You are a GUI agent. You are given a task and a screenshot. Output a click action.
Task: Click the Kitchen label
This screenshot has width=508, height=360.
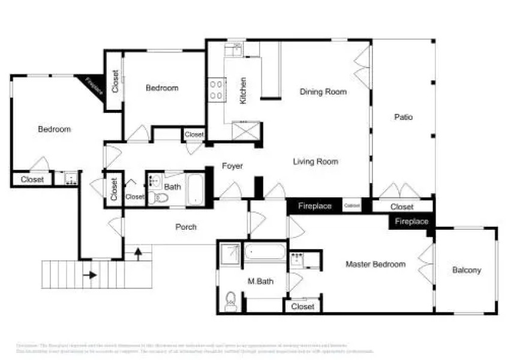(x=243, y=91)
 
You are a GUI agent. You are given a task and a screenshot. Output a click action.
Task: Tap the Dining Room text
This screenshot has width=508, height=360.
(x=323, y=92)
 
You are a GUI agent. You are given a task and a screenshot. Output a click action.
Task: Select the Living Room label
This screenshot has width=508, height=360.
(x=315, y=161)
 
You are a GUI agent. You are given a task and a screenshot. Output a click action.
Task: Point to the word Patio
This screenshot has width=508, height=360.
(x=404, y=117)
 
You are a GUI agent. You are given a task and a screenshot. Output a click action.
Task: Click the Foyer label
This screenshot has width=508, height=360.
(x=232, y=166)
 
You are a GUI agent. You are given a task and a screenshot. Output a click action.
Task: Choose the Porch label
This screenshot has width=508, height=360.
(x=186, y=227)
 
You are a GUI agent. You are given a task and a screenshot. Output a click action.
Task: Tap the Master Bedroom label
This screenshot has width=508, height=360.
(x=375, y=264)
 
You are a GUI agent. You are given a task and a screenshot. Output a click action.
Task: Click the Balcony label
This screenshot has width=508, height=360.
(x=466, y=270)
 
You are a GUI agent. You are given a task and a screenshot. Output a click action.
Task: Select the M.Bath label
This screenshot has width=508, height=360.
(x=261, y=281)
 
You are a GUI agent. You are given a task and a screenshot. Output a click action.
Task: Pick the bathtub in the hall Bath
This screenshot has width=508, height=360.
(x=195, y=190)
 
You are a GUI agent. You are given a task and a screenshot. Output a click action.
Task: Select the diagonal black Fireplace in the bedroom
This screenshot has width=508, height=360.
(x=94, y=86)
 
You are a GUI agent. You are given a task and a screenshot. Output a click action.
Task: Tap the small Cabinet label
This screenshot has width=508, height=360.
(x=352, y=206)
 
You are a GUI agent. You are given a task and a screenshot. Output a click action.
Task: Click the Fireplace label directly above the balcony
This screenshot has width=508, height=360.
(x=411, y=221)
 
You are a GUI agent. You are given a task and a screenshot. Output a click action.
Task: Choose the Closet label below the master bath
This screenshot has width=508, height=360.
(x=303, y=307)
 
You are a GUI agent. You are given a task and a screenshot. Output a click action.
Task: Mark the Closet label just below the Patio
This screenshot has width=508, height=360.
(x=401, y=207)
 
